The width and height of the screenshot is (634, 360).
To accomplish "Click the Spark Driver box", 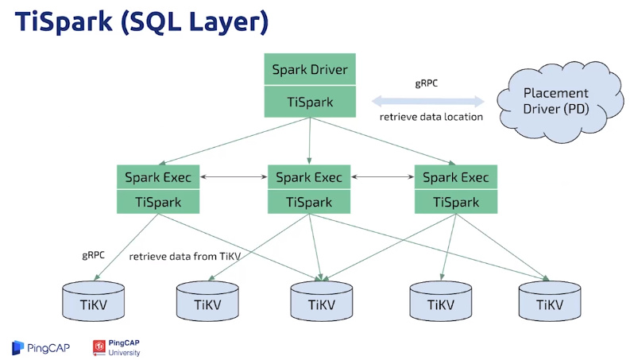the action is coord(310,69).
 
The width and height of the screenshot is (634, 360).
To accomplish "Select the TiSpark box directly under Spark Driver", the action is coord(310,102).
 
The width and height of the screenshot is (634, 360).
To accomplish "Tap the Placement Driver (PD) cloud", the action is coord(559,102).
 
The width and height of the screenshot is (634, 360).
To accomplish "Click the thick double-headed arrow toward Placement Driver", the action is coord(427,101).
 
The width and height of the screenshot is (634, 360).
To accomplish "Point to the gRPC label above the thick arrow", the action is coord(427,83).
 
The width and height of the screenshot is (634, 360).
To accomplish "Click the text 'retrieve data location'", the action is coord(431,117).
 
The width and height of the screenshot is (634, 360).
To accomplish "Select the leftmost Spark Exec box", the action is coord(158,177).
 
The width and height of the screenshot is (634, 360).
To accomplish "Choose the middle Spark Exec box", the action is coord(309,177).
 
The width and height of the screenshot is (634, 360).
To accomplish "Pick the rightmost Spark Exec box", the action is coord(456,177).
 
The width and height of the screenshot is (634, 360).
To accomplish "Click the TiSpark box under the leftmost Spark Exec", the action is coord(158,201).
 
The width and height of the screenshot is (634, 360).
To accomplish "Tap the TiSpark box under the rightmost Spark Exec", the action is coord(456,201).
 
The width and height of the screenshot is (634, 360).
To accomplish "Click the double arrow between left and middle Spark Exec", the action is coord(234,176).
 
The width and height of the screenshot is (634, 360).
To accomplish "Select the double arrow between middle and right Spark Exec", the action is coord(382,176).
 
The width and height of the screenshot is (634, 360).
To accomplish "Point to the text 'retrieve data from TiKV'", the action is coord(185,257).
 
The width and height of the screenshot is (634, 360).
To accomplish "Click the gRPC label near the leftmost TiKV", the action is coord(94,255).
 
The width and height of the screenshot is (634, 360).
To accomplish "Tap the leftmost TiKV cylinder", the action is coord(94,301).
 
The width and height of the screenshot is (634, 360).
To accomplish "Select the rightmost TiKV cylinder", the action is coord(550,301).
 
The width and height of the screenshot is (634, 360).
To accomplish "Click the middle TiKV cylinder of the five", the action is coord(322,301).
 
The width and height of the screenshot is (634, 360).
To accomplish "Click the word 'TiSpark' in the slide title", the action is coord(64,21).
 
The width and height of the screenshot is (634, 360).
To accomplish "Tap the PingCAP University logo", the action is coord(117,347).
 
